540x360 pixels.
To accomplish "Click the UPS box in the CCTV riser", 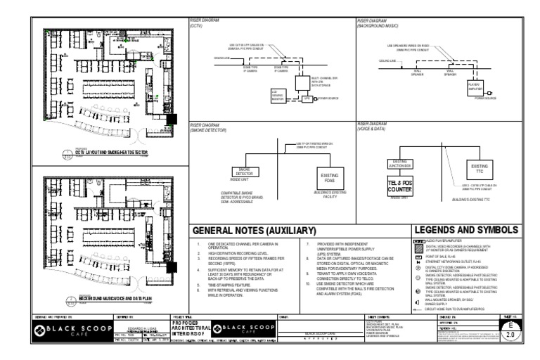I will (307, 99).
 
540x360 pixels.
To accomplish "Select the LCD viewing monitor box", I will (278, 96).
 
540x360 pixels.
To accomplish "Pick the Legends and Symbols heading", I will (466, 231).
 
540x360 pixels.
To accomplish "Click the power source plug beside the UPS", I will (319, 99).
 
